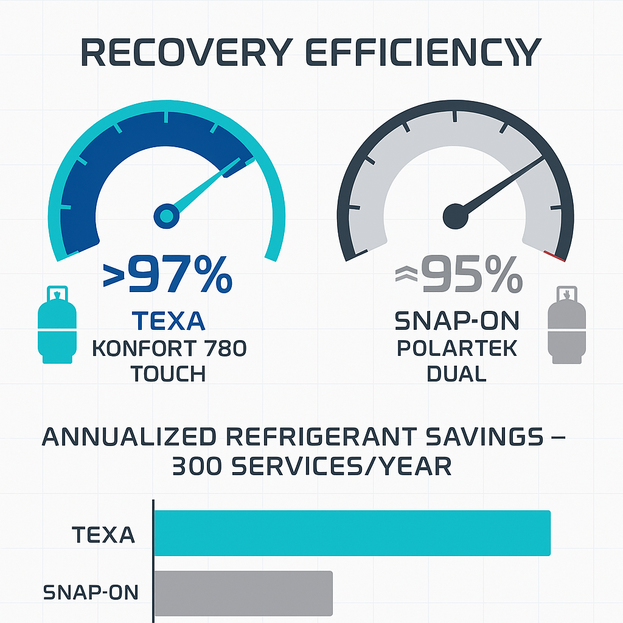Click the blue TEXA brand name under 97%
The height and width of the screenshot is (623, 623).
167,321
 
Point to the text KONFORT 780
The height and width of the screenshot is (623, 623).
169,349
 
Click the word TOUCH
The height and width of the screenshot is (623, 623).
168,374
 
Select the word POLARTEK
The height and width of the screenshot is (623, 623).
457,349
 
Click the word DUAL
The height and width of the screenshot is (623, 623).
456,374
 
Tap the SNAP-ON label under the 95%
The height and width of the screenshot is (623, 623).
458,320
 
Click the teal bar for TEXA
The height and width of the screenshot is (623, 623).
352,533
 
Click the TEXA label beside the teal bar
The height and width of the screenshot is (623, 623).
103,535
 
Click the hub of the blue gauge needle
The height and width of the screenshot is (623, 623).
166,214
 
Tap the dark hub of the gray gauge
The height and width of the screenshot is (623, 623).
455,215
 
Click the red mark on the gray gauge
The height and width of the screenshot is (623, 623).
555,256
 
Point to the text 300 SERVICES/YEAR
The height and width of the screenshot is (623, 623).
312,467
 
